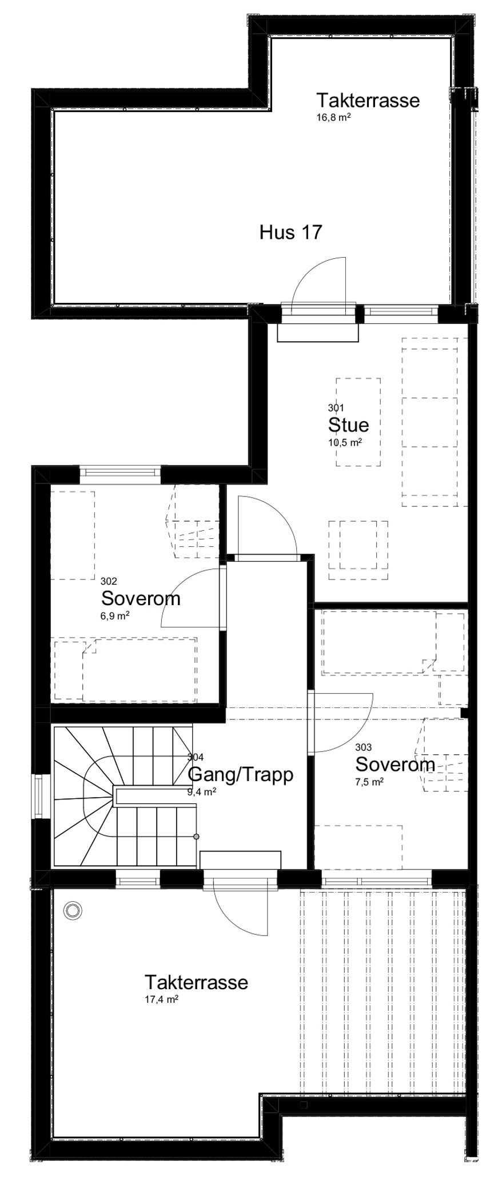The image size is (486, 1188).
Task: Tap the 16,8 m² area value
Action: click(333, 118)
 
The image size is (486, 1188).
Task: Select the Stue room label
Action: click(348, 425)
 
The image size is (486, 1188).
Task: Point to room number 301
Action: click(336, 407)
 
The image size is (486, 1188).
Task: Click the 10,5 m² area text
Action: click(346, 442)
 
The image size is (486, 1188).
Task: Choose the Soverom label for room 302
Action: click(141, 598)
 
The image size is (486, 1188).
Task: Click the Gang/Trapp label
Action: click(240, 774)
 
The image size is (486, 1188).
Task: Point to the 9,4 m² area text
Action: click(202, 791)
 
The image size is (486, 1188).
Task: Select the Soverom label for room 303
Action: click(395, 764)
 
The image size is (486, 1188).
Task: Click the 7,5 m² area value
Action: click(369, 782)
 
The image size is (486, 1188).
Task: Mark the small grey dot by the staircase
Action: click(197, 837)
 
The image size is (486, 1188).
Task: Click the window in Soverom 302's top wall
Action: click(119, 471)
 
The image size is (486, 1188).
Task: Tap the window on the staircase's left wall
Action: click(38, 796)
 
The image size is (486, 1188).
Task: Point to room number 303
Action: click(363, 747)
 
